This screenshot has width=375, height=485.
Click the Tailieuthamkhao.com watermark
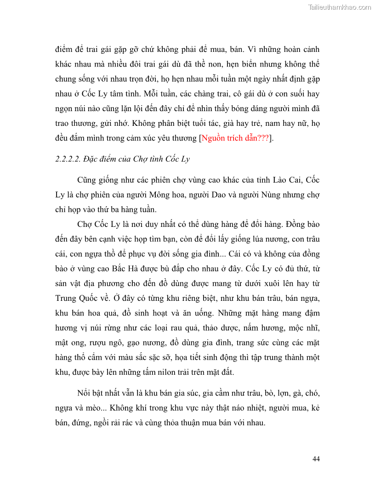point(339,7)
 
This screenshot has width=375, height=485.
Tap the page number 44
point(316,459)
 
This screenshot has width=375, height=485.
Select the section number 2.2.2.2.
point(69,159)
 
